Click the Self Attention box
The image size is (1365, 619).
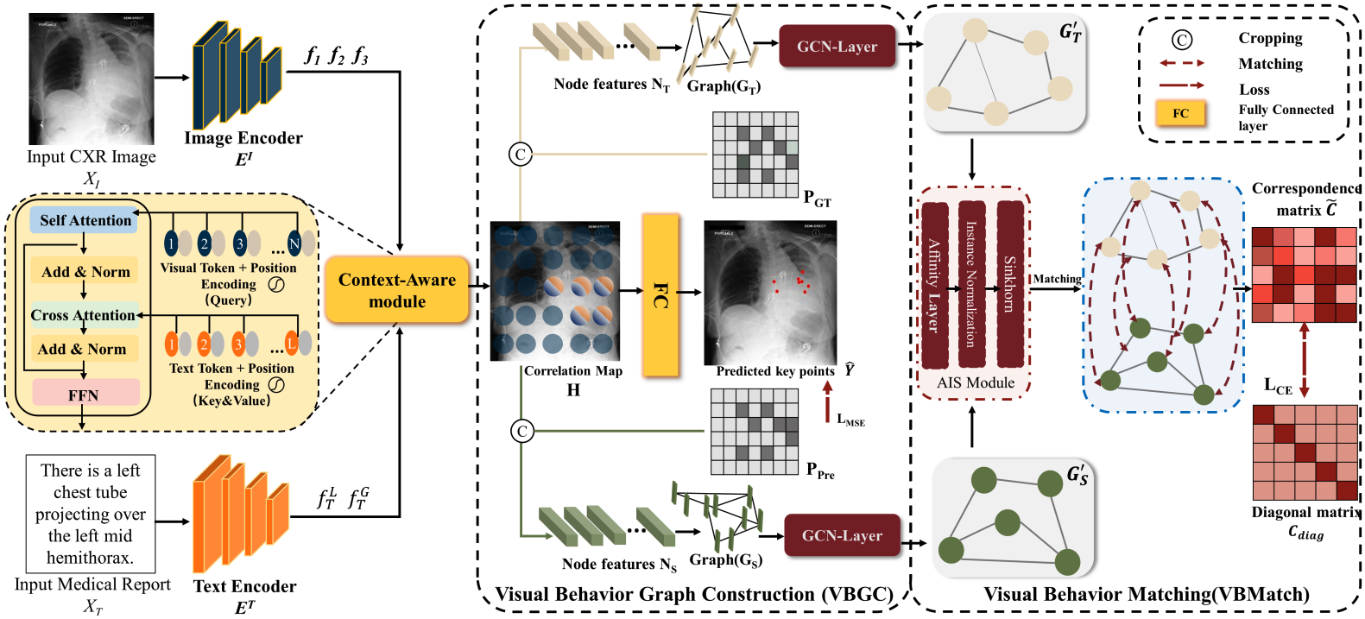(x=85, y=220)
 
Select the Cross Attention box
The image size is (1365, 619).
(x=83, y=315)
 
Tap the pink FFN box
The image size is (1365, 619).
(x=85, y=395)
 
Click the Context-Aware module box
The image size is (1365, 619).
(x=396, y=290)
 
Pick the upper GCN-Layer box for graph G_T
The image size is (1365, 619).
(x=837, y=47)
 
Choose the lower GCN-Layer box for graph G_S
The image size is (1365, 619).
(x=842, y=535)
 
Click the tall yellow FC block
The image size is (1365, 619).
(x=660, y=295)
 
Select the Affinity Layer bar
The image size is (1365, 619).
(x=934, y=285)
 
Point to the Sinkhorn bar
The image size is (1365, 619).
(x=1009, y=285)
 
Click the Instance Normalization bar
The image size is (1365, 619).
(x=971, y=285)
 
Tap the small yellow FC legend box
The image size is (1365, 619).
(x=1180, y=113)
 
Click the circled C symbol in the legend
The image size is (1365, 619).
(x=1181, y=40)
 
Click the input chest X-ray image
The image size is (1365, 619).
(x=92, y=79)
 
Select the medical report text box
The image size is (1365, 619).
(x=91, y=514)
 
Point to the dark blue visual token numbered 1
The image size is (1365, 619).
(x=171, y=244)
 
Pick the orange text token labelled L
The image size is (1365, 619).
(x=291, y=344)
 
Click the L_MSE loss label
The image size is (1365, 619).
(x=850, y=420)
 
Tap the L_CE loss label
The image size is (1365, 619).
(x=1279, y=386)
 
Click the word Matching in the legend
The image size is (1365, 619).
(x=1270, y=64)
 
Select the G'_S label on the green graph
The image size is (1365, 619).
(x=1077, y=475)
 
